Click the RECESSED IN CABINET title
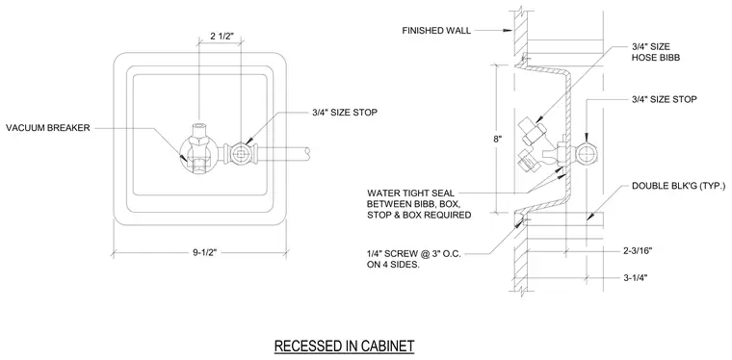344,346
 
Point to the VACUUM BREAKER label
47,128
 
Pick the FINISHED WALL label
436,31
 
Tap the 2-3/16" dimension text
638,251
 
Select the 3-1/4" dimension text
636,278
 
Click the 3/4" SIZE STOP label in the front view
345,113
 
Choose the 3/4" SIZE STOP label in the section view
665,99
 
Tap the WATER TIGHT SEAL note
419,204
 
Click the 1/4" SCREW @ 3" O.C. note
413,260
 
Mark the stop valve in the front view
241,153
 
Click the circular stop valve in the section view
586,153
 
